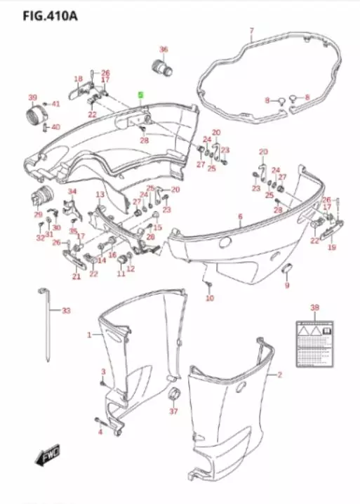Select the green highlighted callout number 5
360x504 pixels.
pyautogui.click(x=141, y=94)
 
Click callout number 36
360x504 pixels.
pyautogui.click(x=164, y=50)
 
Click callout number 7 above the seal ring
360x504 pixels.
pyautogui.click(x=251, y=32)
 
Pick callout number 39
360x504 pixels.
pyautogui.click(x=32, y=97)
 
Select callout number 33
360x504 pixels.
pyautogui.click(x=66, y=310)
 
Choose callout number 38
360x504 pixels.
pyautogui.click(x=314, y=307)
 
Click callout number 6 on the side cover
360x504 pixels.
pyautogui.click(x=240, y=217)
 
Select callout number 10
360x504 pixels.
pyautogui.click(x=209, y=298)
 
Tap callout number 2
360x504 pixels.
pyautogui.click(x=279, y=375)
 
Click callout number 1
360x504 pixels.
pyautogui.click(x=89, y=336)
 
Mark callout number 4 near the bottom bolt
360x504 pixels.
pyautogui.click(x=100, y=432)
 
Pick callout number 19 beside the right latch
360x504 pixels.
pyautogui.click(x=332, y=247)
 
